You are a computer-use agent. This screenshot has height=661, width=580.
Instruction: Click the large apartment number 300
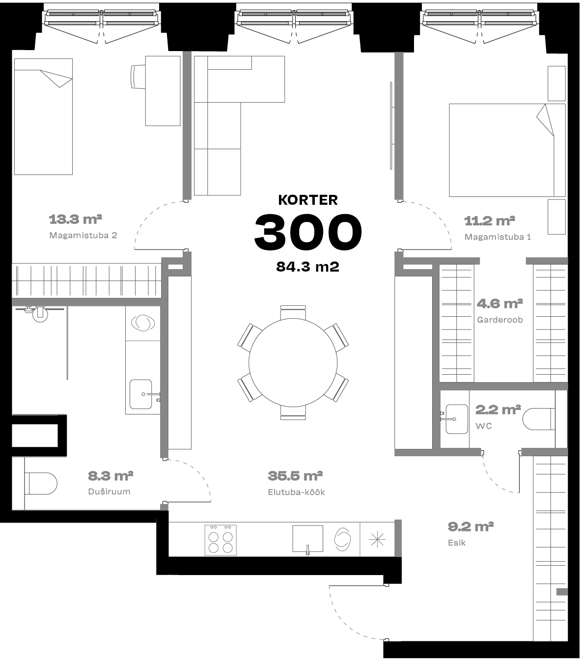pos(308,232)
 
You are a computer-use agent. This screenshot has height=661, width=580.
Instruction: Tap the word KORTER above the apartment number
pos(308,200)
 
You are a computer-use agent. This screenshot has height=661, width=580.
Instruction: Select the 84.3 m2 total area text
pos(307,267)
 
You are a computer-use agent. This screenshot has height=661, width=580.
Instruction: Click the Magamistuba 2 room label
pos(83,235)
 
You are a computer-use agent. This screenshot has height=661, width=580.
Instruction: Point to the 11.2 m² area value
pos(489,221)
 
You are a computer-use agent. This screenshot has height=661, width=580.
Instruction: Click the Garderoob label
pos(500,320)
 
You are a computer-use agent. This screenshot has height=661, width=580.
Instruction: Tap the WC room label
pos(483,426)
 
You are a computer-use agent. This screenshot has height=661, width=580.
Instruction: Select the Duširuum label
pos(109,492)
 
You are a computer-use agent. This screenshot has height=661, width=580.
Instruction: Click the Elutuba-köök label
pos(296,492)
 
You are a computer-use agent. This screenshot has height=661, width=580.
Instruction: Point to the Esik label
pos(456,543)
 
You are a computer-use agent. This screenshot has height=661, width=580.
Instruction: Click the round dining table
pos(293,362)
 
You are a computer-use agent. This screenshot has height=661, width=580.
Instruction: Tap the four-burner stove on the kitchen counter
pos(221,540)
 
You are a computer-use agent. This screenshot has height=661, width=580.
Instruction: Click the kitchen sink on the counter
pos(307,539)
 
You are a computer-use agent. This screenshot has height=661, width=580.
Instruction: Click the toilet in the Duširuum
pos(41,484)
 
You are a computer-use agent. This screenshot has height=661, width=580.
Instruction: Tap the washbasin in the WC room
pos(456,419)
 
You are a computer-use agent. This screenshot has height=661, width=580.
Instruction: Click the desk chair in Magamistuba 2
pos(138,76)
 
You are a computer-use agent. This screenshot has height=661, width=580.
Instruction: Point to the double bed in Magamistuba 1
pos(507,150)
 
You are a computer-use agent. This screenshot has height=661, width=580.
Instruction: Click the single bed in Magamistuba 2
pos(43,116)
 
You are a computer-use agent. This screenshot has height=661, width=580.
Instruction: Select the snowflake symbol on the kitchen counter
pos(377,539)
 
